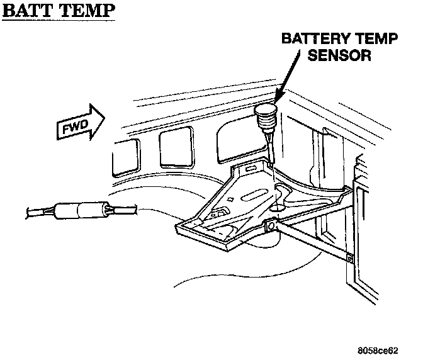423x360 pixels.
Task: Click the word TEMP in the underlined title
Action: point(86,12)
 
